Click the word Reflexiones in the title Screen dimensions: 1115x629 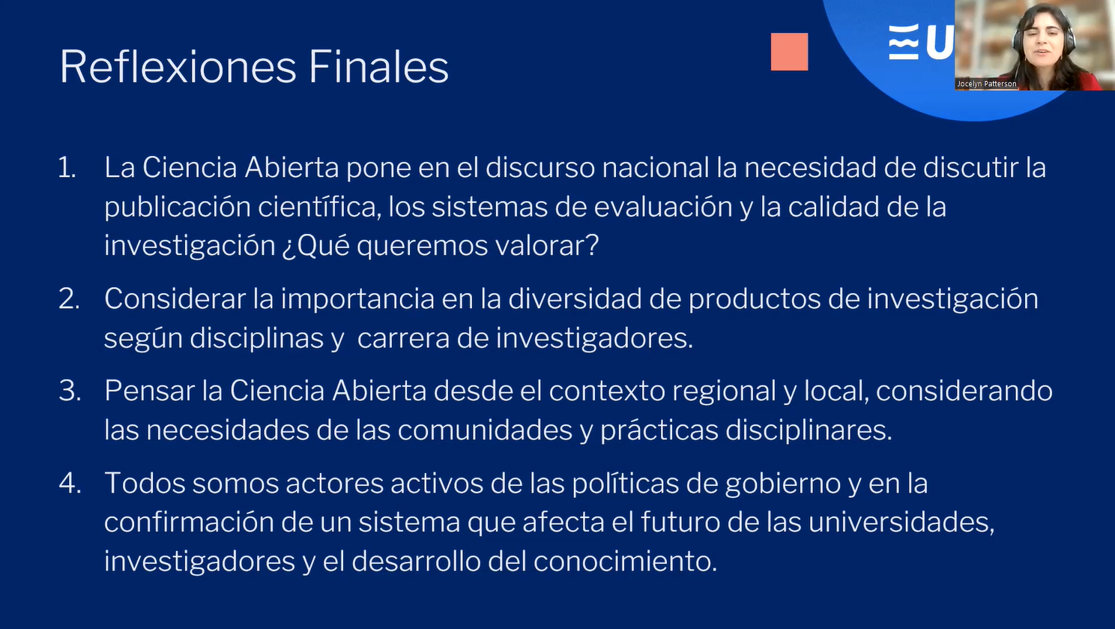pyautogui.click(x=178, y=67)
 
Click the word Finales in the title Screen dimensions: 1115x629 pyautogui.click(x=379, y=67)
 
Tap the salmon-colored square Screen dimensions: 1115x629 pyautogui.click(x=790, y=52)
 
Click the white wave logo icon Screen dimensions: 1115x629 pyautogui.click(x=904, y=42)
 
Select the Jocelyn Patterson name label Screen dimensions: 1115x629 pyautogui.click(x=987, y=84)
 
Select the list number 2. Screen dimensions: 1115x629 pyautogui.click(x=69, y=299)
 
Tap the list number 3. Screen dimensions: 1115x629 pyautogui.click(x=70, y=391)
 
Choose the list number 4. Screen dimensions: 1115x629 pyautogui.click(x=70, y=483)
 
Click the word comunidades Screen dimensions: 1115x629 pyautogui.click(x=485, y=430)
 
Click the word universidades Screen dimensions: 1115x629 pyautogui.click(x=901, y=522)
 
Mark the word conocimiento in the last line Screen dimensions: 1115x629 pyautogui.click(x=625, y=562)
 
